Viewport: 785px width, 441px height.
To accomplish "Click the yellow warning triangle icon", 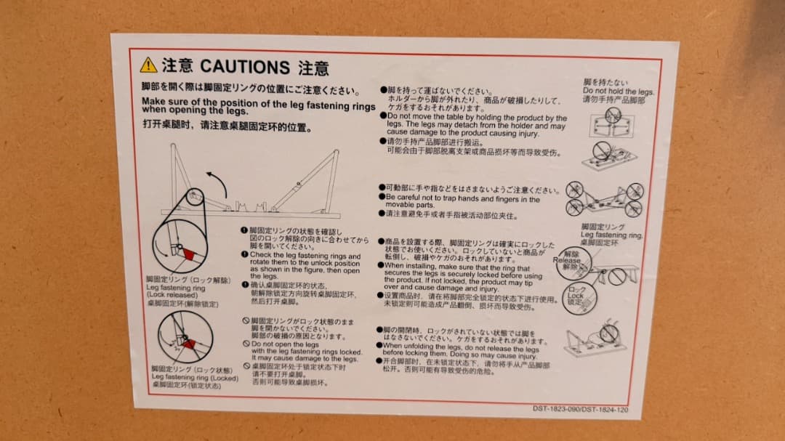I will (148, 65).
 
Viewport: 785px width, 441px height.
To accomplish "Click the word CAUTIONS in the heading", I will (245, 67).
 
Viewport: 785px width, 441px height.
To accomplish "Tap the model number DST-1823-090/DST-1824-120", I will (580, 410).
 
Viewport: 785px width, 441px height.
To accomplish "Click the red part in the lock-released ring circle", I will (191, 254).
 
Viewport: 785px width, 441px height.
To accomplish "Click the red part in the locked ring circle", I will (190, 344).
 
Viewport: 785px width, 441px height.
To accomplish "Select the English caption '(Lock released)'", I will (168, 295).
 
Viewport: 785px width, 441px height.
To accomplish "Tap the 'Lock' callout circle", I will (578, 296).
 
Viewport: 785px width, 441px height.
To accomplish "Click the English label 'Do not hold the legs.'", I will (618, 92).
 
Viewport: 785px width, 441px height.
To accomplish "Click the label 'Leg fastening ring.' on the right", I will (611, 235).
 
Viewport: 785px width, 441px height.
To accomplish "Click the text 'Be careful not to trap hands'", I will (463, 198).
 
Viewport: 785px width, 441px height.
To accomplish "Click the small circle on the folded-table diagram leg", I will (194, 196).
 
